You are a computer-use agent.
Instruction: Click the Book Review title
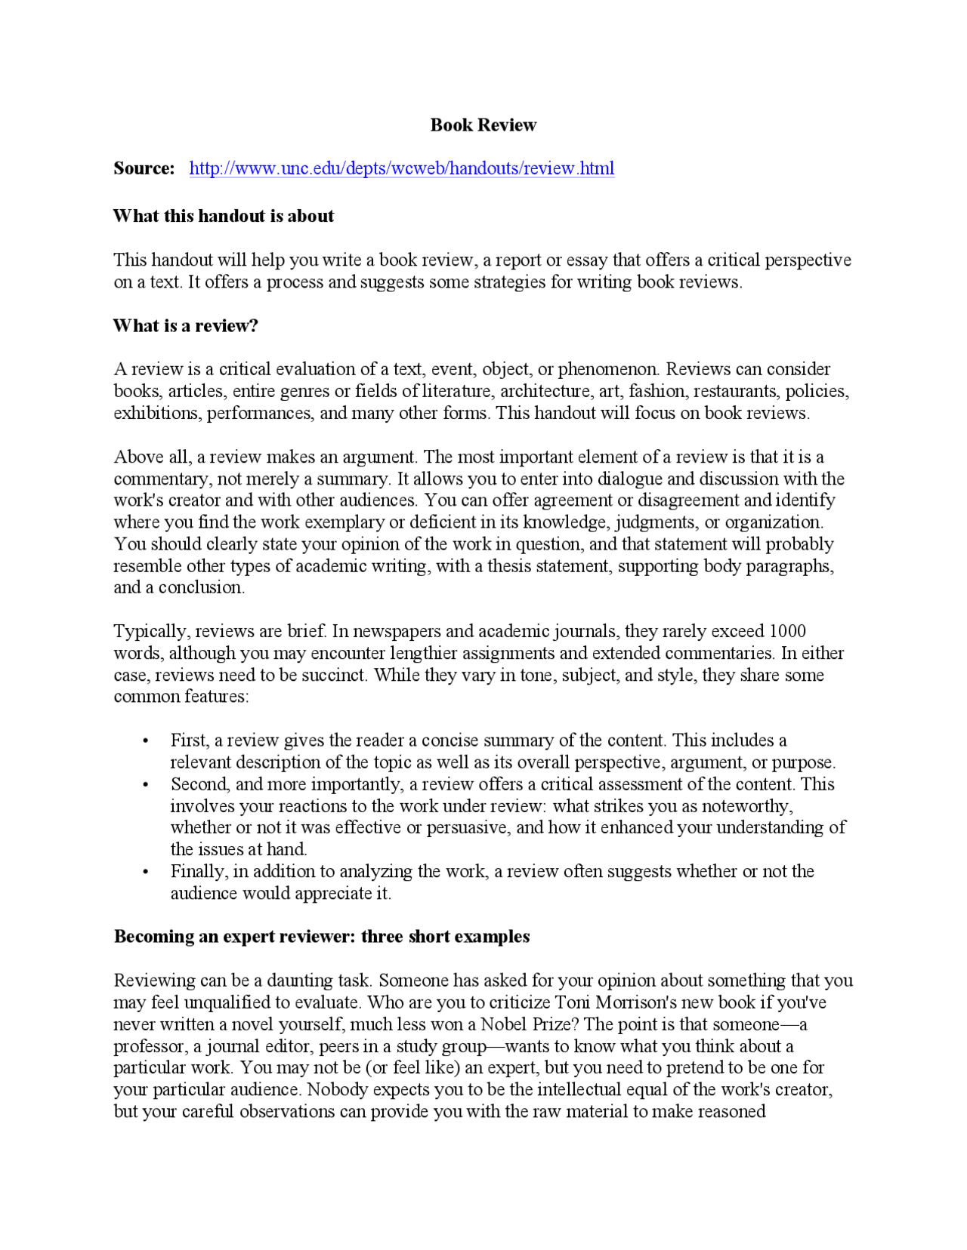pos(483,125)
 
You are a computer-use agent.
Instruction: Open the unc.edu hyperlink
pos(401,168)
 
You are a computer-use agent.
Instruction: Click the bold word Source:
pos(144,168)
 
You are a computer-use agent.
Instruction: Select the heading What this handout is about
pos(224,217)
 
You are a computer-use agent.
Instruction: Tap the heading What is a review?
pos(186,326)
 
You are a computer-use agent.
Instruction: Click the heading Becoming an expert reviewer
pos(322,937)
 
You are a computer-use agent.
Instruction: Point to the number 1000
pos(787,631)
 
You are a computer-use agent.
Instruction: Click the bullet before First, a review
pos(146,741)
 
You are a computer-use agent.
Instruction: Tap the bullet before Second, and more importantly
pos(146,785)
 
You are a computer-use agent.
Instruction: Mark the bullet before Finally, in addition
pos(146,872)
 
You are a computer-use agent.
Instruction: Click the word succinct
pos(334,675)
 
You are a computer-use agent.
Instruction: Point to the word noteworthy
pos(746,806)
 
